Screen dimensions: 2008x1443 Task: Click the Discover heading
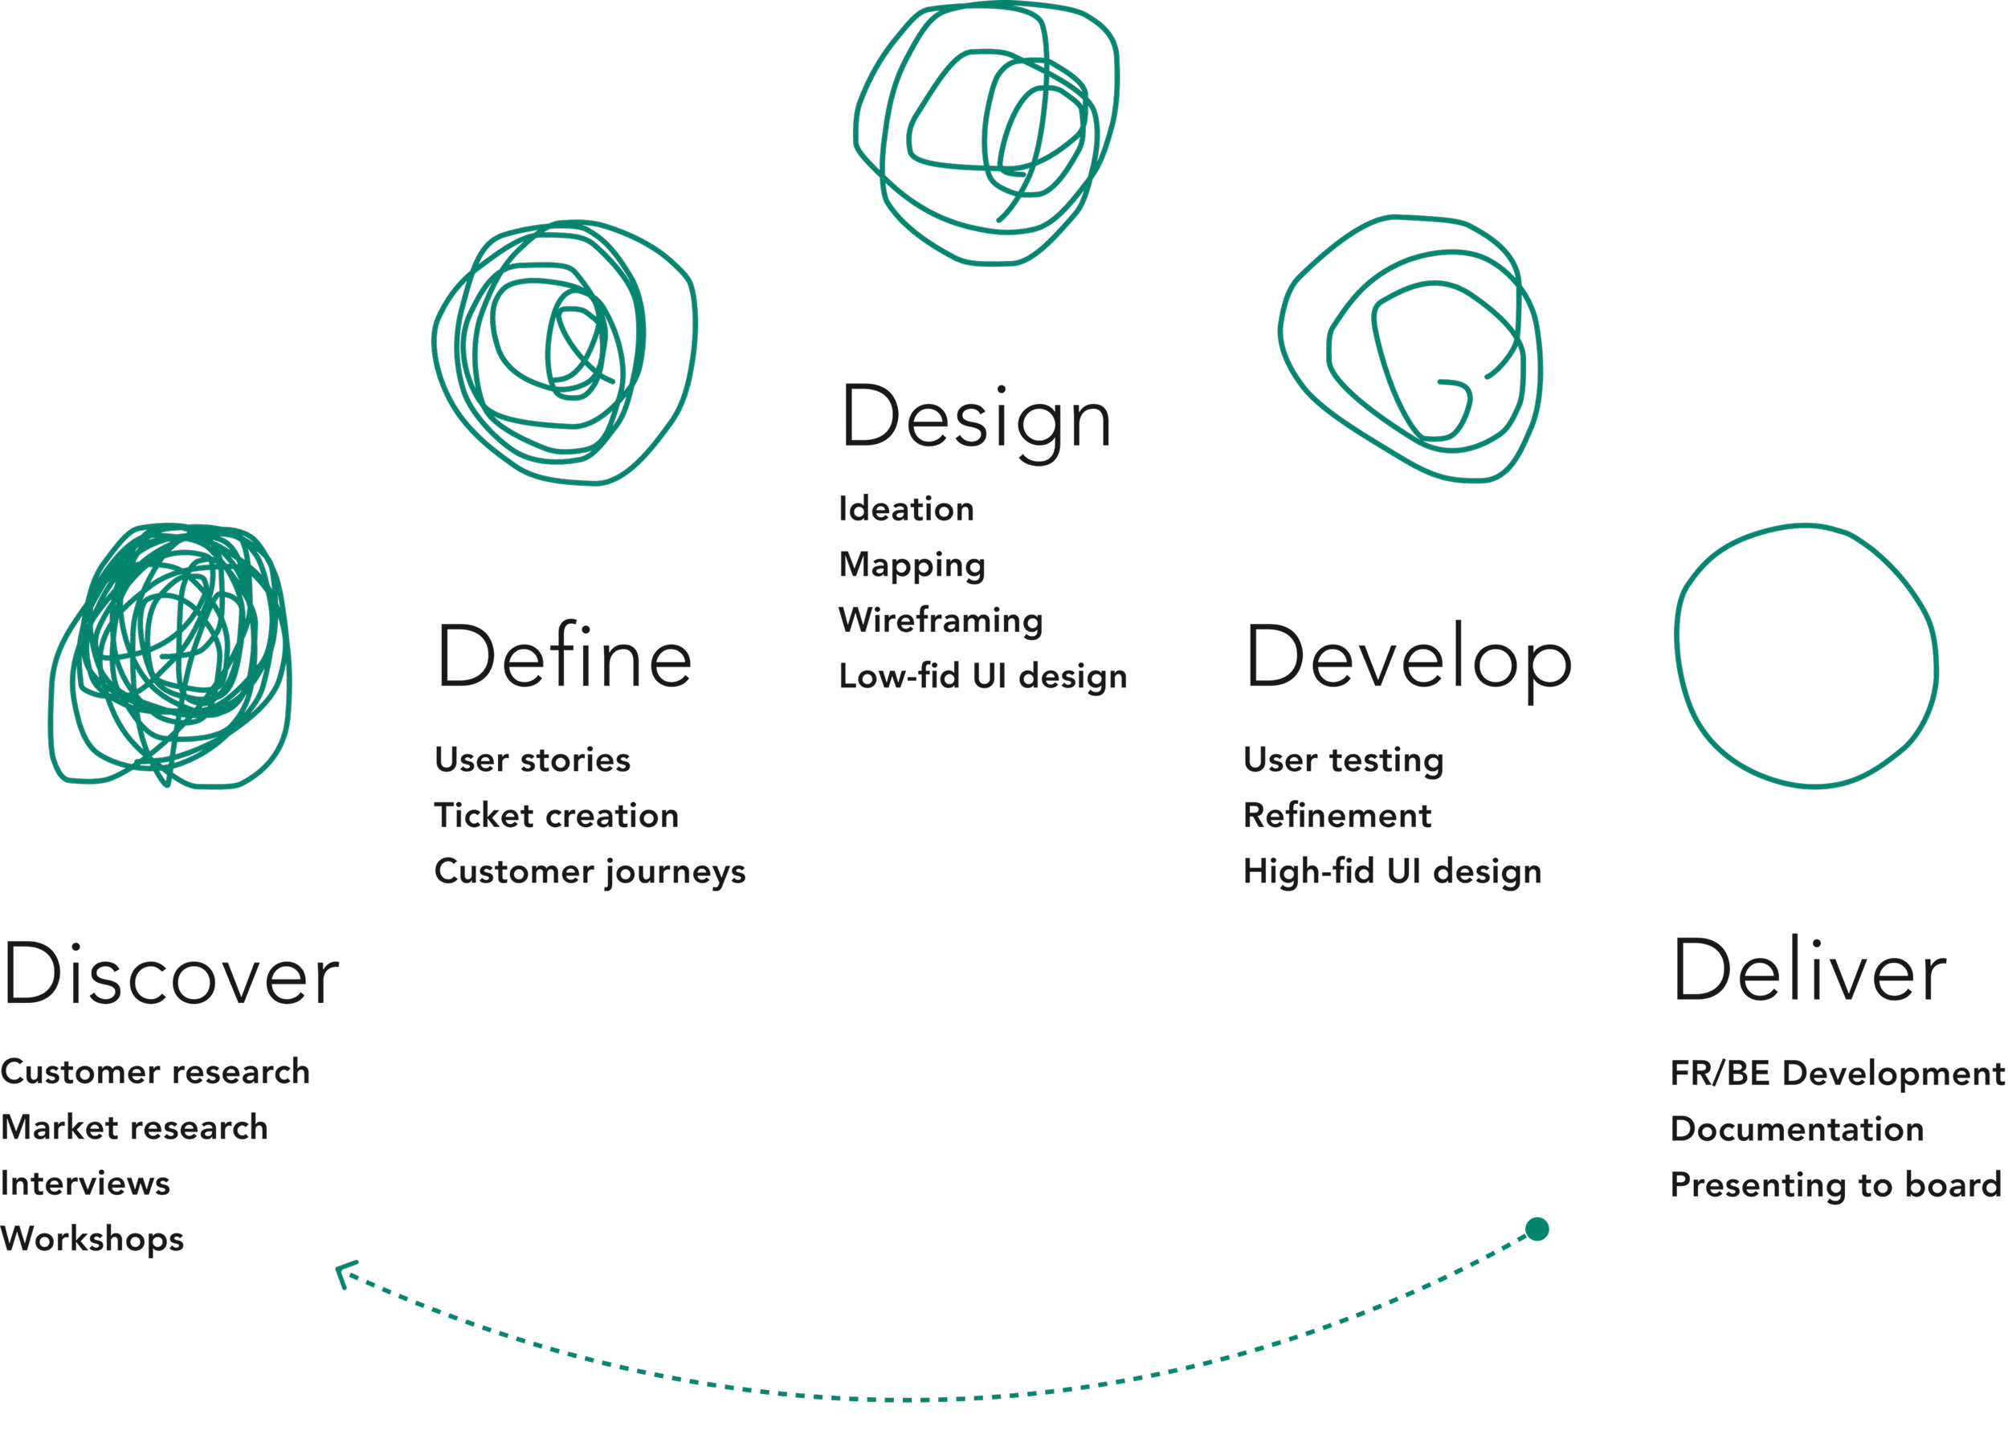click(171, 975)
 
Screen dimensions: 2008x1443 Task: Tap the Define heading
click(564, 657)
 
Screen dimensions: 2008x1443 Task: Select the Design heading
click(975, 418)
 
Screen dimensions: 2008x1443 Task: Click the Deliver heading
click(1809, 972)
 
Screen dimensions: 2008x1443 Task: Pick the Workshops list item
click(92, 1238)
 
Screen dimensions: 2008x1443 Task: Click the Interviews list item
click(85, 1183)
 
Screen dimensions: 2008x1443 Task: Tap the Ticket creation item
click(556, 815)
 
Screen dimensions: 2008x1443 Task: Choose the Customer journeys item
click(590, 872)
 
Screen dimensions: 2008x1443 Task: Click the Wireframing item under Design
click(941, 621)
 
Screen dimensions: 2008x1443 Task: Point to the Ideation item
click(906, 509)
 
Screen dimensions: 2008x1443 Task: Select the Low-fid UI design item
click(983, 676)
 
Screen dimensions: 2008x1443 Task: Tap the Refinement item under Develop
click(1337, 815)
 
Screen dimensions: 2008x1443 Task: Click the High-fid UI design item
click(1392, 872)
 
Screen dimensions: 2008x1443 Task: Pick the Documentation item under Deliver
click(1797, 1129)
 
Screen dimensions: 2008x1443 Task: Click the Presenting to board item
click(1835, 1184)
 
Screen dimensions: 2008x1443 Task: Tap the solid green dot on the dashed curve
click(1537, 1229)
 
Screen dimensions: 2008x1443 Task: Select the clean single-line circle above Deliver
click(1806, 655)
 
